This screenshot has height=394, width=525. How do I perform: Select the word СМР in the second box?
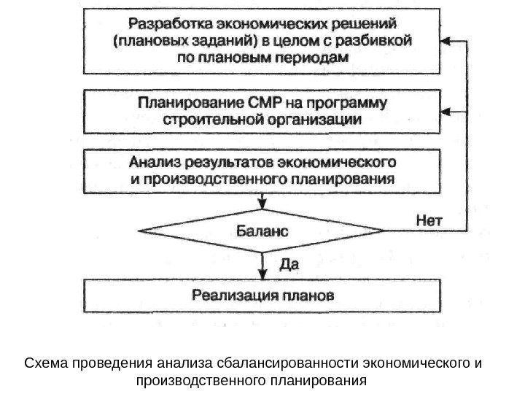coord(249,101)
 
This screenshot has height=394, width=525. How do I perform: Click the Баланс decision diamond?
coord(261,231)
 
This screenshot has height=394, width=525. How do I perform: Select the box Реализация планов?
coord(261,295)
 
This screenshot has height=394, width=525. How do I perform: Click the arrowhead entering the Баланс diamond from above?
coord(261,205)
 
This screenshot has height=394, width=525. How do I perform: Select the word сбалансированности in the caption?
coord(276,363)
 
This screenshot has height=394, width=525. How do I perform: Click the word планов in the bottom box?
coord(310,295)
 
